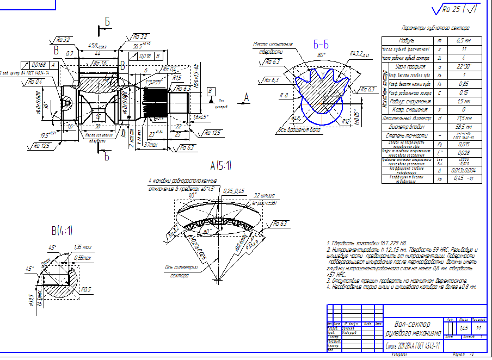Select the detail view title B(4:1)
pos(62,231)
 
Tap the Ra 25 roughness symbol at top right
pos(454,9)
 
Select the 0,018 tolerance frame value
pos(145,56)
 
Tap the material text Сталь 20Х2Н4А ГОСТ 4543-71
pos(412,345)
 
